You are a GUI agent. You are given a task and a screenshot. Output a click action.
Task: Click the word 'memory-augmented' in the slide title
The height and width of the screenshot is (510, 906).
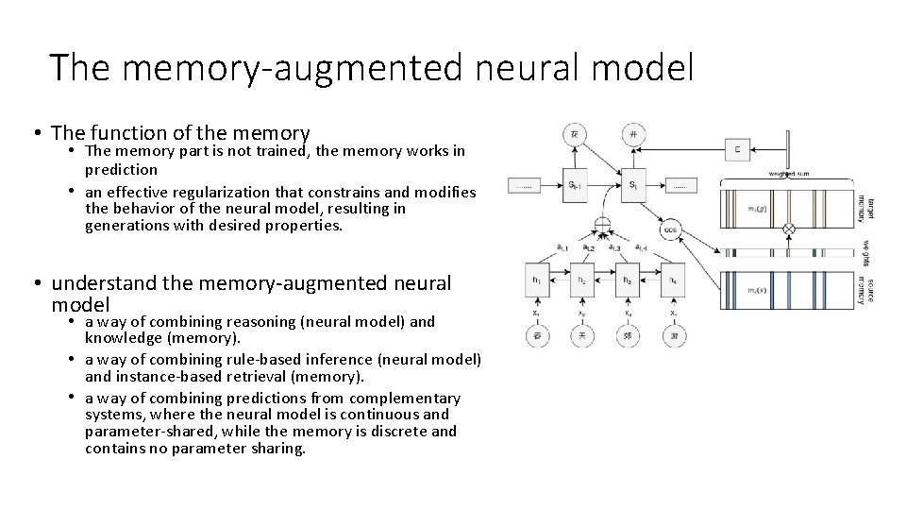(x=292, y=68)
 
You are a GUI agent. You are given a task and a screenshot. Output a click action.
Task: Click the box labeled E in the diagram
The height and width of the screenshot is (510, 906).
(x=737, y=148)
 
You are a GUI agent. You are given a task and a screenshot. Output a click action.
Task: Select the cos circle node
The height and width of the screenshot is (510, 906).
(x=671, y=229)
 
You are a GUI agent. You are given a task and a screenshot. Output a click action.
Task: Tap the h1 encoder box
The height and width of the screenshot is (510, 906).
(x=537, y=280)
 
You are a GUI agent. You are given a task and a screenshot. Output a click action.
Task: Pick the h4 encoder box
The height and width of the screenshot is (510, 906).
(x=672, y=280)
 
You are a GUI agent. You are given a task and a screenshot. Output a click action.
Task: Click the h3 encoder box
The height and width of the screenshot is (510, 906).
(x=628, y=280)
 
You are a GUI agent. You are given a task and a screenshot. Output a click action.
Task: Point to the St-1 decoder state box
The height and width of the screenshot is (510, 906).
(x=575, y=184)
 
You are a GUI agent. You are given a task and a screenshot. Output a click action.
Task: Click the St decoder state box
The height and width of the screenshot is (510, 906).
(x=632, y=184)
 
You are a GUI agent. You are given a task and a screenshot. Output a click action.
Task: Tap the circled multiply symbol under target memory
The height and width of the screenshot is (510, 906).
(x=790, y=229)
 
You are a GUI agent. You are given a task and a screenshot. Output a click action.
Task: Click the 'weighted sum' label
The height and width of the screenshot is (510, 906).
(x=788, y=174)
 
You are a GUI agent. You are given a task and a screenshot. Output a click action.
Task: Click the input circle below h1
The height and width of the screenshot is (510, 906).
(x=537, y=335)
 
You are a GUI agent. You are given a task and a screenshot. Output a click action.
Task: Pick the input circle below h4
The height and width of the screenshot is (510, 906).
(x=672, y=335)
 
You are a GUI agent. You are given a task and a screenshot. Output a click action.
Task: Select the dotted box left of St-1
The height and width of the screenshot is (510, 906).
(x=524, y=185)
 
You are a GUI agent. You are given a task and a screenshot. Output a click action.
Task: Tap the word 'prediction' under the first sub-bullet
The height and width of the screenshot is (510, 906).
(x=121, y=170)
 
